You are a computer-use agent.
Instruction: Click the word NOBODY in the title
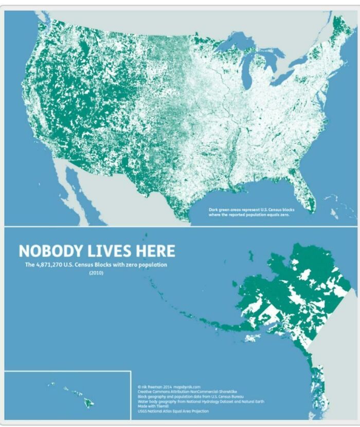click(51, 251)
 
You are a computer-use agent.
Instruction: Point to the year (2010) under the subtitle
click(96, 273)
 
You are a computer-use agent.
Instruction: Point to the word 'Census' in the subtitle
click(92, 265)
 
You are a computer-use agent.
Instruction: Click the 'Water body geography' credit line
click(201, 401)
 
